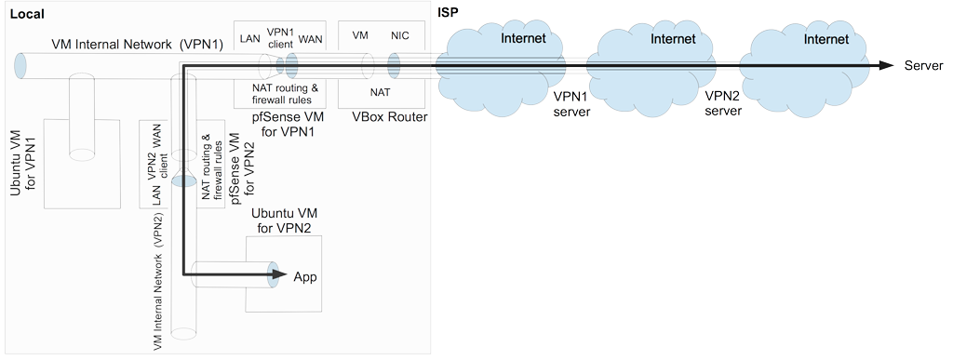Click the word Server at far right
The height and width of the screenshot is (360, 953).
coord(924,66)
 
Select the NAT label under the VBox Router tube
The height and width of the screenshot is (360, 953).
coord(380,93)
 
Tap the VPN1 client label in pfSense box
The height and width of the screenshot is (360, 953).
coord(279,36)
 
